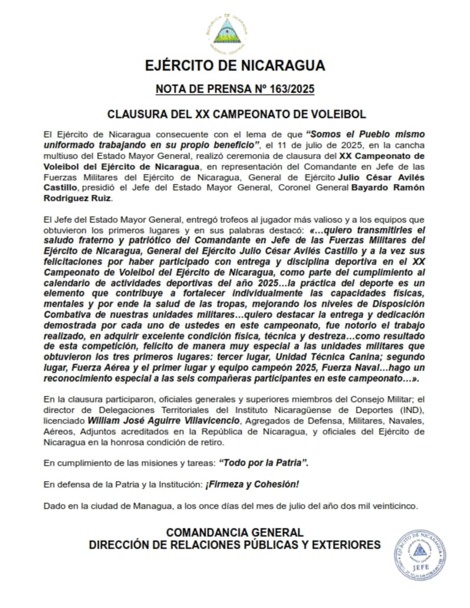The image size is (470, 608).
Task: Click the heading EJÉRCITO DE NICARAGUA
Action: (235, 65)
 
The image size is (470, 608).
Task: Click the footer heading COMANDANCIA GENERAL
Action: (235, 533)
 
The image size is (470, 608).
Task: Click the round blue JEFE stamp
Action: (419, 555)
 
